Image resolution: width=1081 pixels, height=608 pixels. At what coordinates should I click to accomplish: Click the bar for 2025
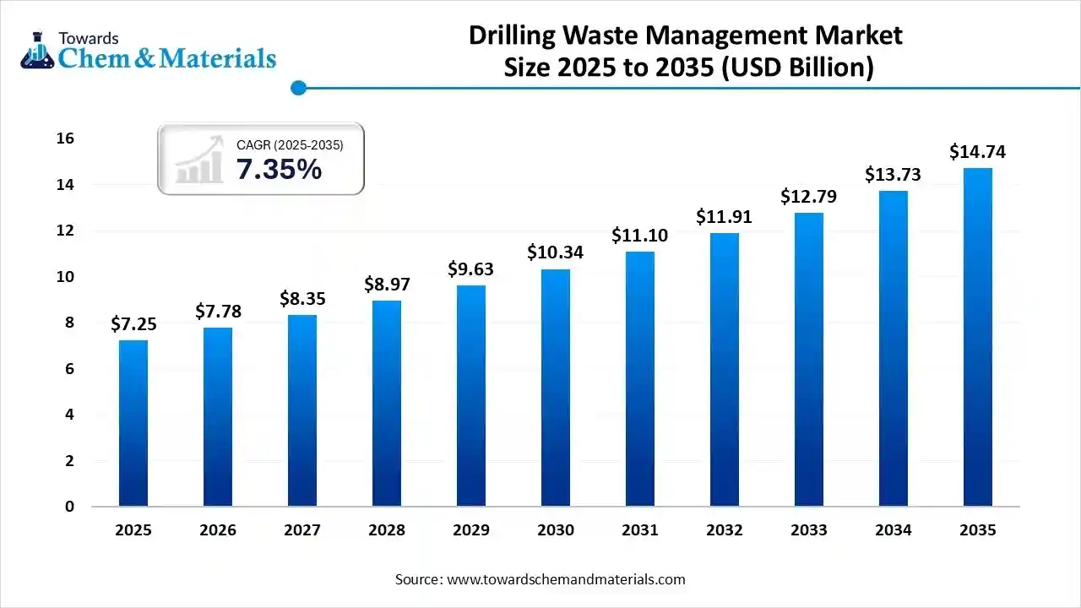point(133,422)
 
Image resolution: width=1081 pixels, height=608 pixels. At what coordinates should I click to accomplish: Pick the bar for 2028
point(387,403)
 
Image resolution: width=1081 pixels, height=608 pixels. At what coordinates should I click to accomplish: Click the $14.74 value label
point(978,152)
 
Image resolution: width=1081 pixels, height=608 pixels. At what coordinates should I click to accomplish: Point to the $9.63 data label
point(470,269)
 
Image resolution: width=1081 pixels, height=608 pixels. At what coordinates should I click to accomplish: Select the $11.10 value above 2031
point(639,236)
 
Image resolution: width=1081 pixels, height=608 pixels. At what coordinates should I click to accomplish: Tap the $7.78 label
point(218,312)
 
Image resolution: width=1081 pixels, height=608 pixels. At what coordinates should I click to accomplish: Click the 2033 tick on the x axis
point(809,530)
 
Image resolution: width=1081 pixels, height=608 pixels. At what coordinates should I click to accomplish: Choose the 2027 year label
point(302,530)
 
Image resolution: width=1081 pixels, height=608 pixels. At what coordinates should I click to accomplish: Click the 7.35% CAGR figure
point(279,170)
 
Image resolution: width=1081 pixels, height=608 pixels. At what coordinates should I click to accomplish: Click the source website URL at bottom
point(565,579)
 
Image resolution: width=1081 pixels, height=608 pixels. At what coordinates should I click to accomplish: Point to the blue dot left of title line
point(297,87)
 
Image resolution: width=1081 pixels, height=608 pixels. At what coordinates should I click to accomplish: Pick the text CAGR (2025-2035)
point(290,145)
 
